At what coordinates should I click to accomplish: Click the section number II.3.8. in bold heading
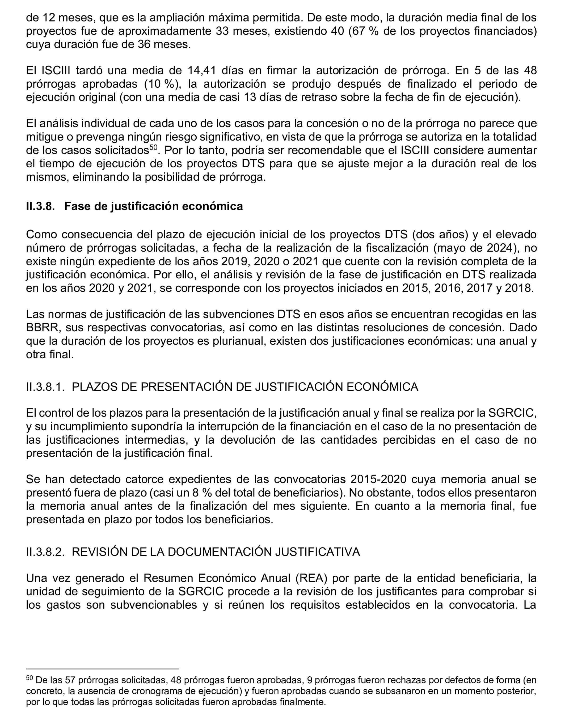tap(40, 206)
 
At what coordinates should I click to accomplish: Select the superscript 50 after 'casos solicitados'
tap(153, 147)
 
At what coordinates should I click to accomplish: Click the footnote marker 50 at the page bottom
tap(29, 678)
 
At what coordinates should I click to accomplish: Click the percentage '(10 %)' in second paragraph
tap(163, 84)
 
